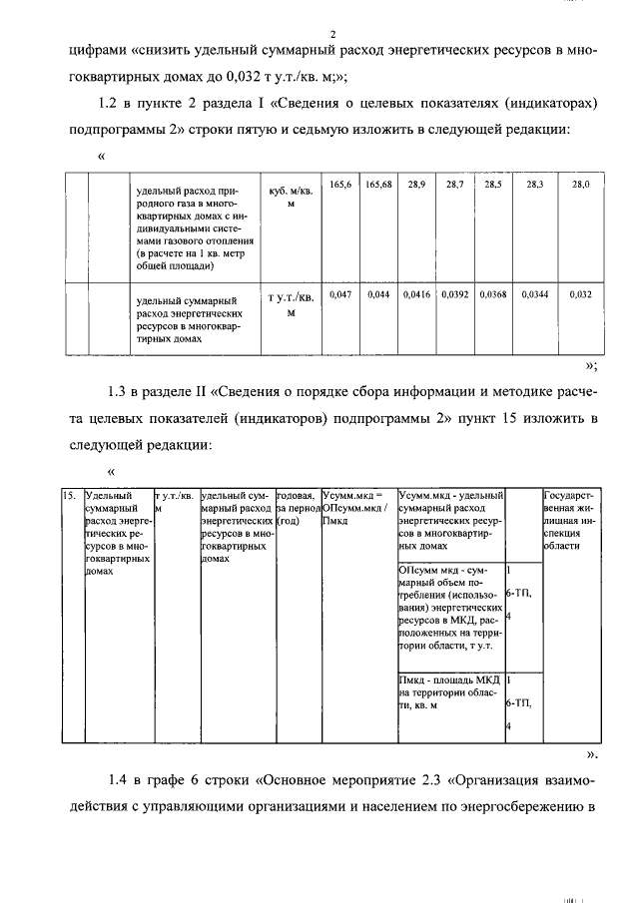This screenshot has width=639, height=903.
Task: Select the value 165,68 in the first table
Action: point(378,186)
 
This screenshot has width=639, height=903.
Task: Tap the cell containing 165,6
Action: point(341,186)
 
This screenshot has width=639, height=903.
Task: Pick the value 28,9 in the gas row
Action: point(416,186)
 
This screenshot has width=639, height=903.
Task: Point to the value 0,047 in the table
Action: point(341,295)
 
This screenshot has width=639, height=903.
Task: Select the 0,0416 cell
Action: point(416,295)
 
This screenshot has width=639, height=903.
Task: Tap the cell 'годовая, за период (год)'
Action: point(297,508)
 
